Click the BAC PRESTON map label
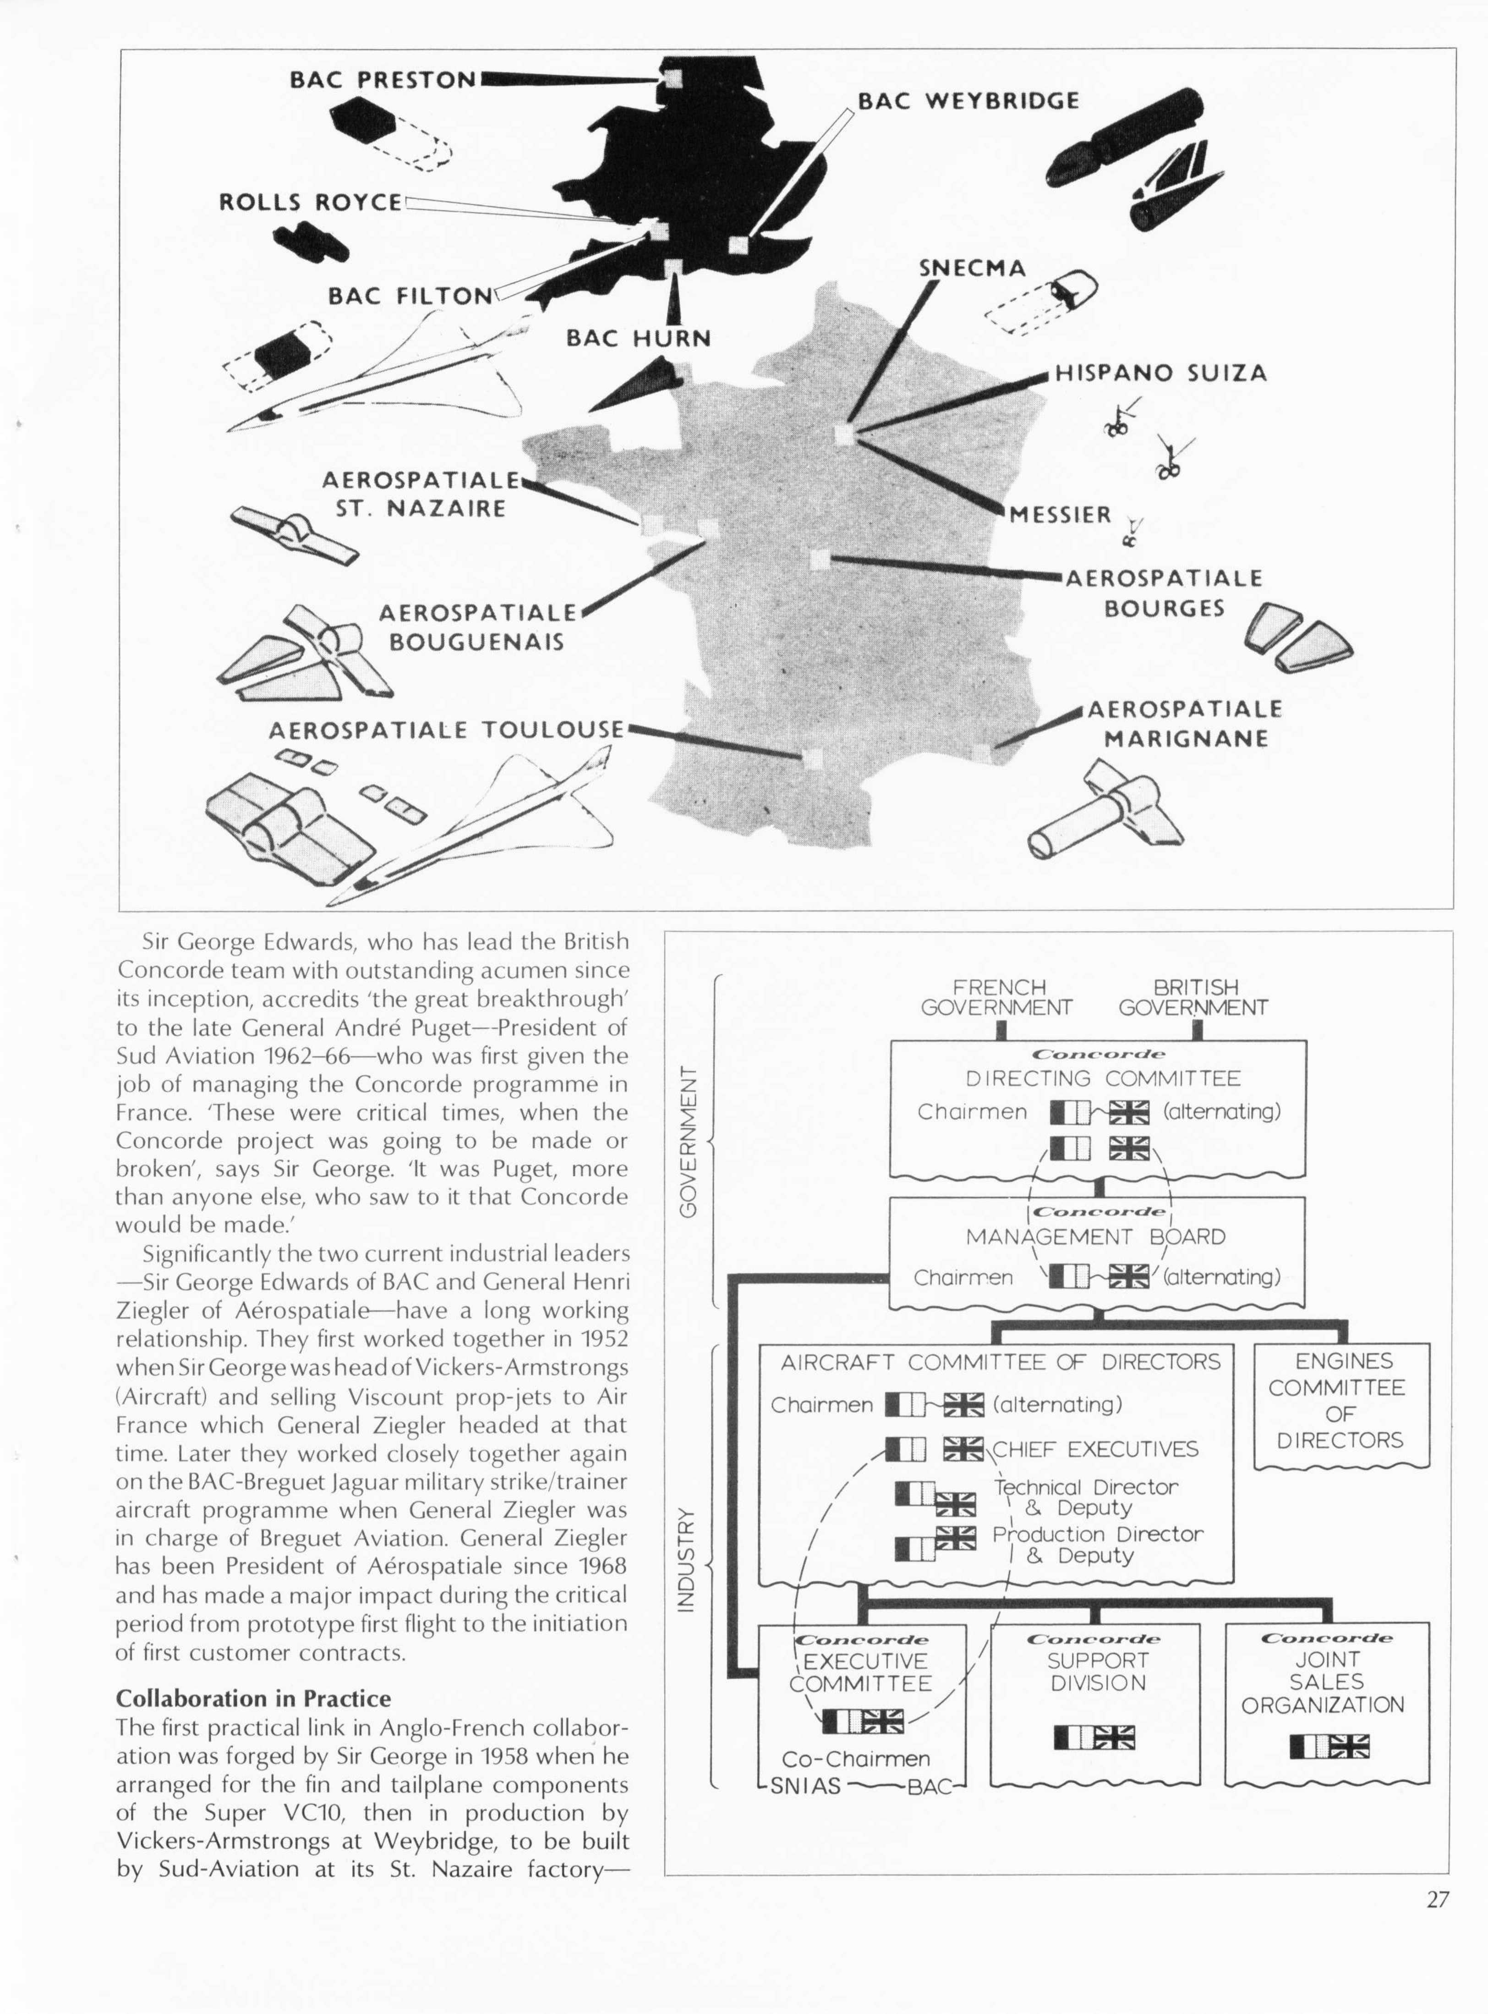point(383,79)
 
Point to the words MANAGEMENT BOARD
point(1095,1237)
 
